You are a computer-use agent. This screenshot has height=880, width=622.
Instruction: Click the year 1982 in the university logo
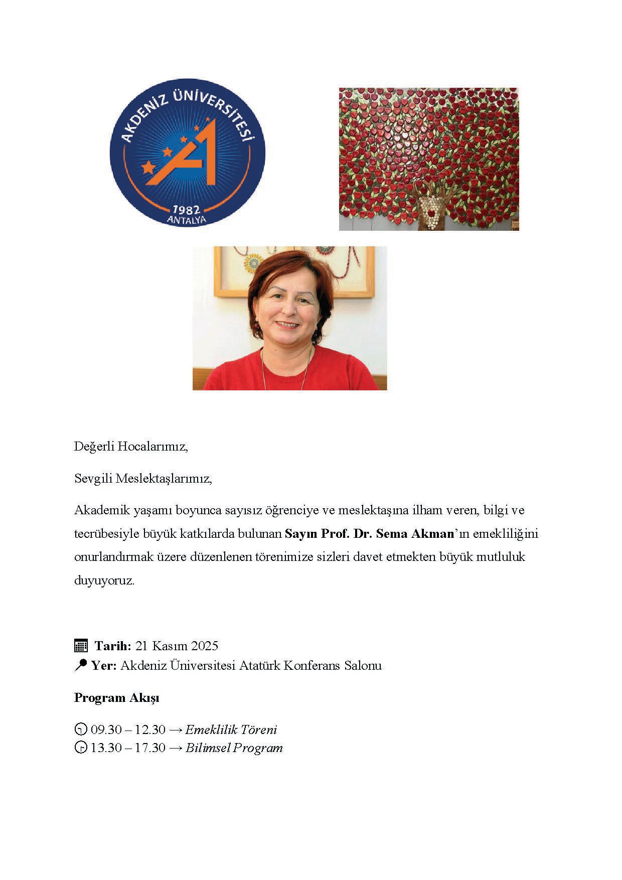click(187, 209)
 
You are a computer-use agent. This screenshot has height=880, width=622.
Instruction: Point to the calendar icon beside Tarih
click(81, 646)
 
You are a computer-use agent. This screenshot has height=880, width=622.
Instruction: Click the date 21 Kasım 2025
click(177, 646)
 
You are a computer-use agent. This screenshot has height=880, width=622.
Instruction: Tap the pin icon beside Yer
click(80, 665)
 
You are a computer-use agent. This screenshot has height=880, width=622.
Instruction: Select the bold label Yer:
click(104, 666)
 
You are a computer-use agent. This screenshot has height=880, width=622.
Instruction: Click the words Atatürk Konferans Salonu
click(310, 666)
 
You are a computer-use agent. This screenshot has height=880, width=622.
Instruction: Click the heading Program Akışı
click(116, 698)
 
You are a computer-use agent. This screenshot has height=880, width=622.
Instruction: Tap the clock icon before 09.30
click(80, 729)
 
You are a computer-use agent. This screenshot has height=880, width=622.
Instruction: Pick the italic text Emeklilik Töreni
click(231, 729)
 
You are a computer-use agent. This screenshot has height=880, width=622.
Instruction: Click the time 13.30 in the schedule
click(106, 748)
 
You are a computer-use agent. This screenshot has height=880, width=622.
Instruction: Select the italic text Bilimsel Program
click(234, 748)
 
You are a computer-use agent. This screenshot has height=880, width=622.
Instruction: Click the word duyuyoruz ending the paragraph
click(104, 581)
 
